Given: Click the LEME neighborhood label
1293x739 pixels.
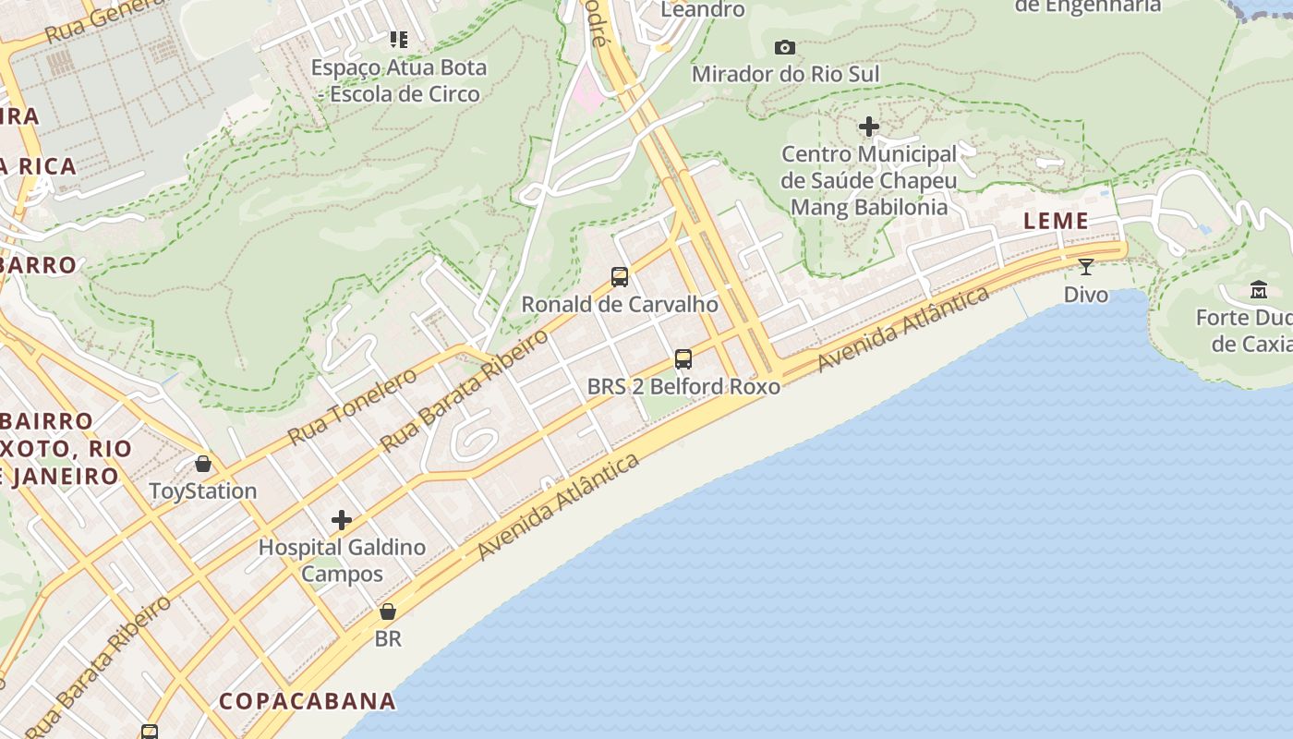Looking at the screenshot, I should (1055, 221).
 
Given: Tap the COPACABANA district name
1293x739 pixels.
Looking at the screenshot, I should (308, 700).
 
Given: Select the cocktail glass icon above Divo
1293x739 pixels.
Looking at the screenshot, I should (1085, 267).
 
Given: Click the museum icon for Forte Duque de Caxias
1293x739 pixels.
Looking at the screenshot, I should (1258, 290).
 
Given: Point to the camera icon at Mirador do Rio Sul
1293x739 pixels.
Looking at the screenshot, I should (784, 47).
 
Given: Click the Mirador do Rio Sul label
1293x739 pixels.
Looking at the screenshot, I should (785, 74).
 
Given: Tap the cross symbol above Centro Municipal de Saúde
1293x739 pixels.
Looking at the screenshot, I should (868, 127).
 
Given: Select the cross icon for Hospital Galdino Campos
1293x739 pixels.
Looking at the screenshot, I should (342, 520).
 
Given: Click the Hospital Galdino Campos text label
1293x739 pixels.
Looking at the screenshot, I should (342, 560).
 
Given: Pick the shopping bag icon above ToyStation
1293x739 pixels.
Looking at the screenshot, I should (203, 464).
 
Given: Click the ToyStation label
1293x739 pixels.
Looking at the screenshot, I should (203, 491).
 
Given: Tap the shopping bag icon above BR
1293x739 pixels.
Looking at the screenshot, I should (388, 612).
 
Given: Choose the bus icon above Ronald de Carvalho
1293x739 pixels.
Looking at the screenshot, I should (620, 276).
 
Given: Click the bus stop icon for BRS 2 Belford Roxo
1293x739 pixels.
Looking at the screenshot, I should (683, 358).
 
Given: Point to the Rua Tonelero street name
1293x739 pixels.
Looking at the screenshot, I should (352, 406).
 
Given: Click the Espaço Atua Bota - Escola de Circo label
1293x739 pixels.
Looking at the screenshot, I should (398, 80).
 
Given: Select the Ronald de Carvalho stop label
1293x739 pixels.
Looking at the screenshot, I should (620, 304).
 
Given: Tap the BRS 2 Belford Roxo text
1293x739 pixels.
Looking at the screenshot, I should (683, 386).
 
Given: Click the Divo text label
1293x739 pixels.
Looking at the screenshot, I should (1085, 295).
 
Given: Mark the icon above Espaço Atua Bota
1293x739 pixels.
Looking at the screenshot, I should (398, 40).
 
